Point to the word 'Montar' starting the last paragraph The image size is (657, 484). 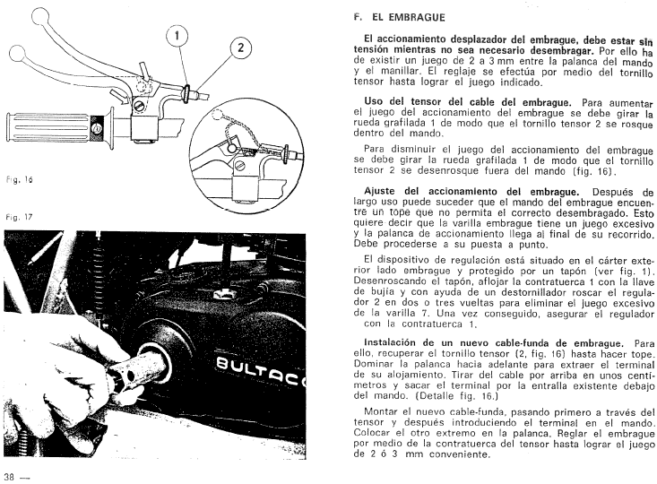[384, 418]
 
